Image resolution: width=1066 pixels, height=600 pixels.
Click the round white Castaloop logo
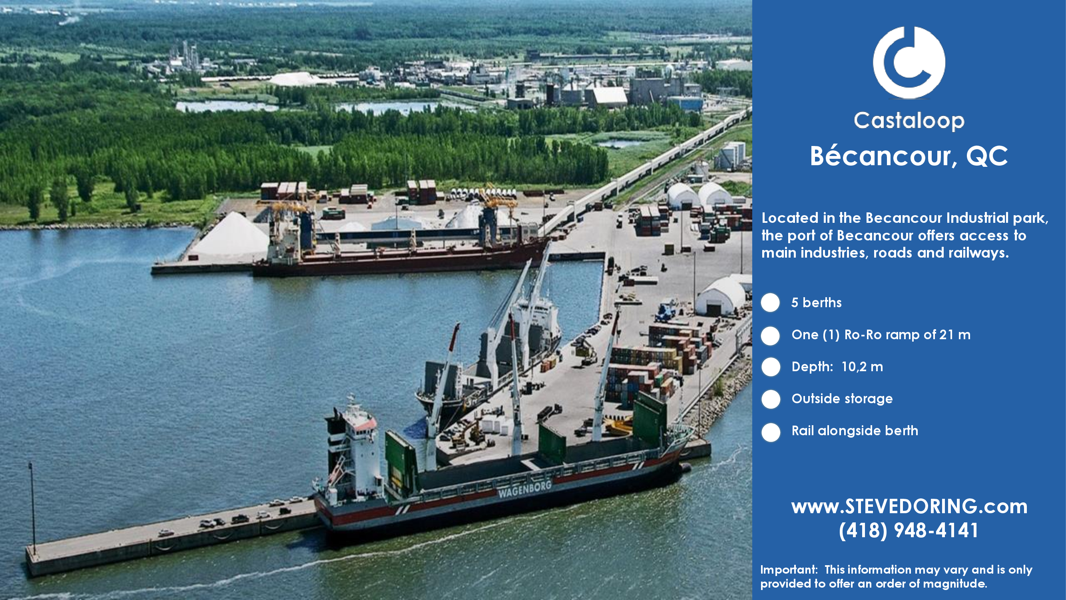[909, 62]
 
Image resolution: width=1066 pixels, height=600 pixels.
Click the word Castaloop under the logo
[909, 120]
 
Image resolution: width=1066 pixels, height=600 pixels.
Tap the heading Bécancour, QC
[909, 156]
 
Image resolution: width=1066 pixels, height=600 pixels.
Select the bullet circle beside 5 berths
[771, 302]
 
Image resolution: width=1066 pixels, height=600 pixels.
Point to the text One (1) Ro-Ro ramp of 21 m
[881, 334]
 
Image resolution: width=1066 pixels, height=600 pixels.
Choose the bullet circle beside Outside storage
[771, 399]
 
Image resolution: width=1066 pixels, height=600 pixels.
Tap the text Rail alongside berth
[855, 431]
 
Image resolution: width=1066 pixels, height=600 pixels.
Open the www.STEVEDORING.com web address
[909, 506]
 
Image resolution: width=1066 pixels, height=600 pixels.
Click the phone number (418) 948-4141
[909, 530]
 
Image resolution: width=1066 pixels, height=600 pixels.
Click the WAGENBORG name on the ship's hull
[525, 489]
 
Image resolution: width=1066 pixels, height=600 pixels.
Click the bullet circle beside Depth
[771, 367]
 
